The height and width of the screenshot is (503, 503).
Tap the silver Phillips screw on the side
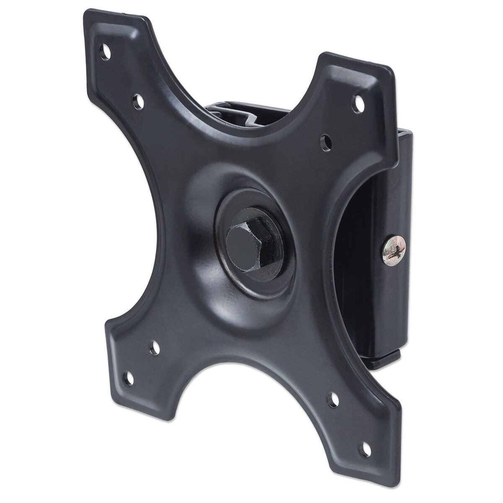tap(394, 249)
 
